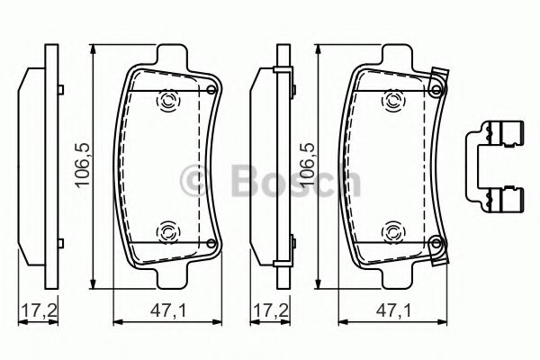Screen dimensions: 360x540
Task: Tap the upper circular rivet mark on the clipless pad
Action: (x=167, y=101)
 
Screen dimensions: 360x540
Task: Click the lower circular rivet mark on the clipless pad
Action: (x=167, y=232)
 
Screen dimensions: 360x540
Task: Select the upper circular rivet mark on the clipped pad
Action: (x=392, y=101)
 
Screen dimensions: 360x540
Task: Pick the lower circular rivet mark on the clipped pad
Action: (x=392, y=232)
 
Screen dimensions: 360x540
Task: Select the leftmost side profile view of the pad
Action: (x=36, y=166)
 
